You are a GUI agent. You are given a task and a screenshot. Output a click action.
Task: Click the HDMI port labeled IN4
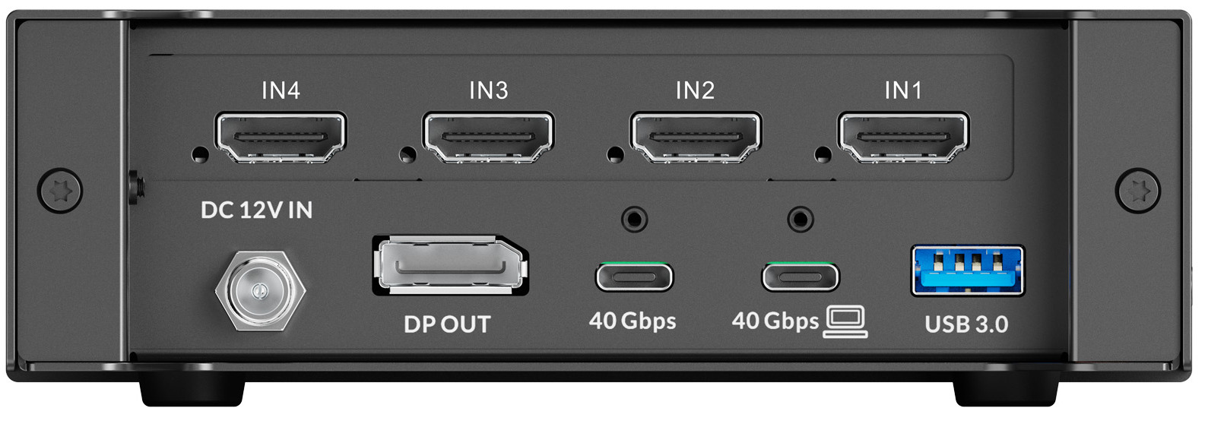point(281,137)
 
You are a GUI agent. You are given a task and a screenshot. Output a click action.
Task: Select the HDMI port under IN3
point(489,137)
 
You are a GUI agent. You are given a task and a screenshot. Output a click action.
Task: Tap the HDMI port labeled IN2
point(696,137)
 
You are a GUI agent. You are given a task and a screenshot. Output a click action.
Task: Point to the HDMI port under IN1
point(903,137)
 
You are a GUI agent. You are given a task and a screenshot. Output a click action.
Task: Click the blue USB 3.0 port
point(968,270)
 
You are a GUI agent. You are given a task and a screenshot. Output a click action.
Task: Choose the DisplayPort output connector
point(450,265)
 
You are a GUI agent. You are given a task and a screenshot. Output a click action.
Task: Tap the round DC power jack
point(261,290)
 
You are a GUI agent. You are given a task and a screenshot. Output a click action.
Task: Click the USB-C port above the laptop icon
point(801,277)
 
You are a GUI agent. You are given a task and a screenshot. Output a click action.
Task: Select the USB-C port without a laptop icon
point(634,277)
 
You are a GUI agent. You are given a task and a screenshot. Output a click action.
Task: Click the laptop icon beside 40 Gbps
point(845,321)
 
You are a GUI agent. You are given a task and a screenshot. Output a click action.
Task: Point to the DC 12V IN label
point(257,210)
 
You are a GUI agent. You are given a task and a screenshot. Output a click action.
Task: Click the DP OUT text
point(447,324)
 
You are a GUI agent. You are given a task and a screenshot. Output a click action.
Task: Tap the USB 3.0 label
point(966,324)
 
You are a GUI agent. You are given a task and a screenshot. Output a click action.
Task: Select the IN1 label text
point(903,90)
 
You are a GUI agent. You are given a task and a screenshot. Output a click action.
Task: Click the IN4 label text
point(281,90)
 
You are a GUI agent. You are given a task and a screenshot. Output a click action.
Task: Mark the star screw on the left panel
point(60,190)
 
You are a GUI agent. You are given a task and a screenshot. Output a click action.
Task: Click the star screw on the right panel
point(1137,190)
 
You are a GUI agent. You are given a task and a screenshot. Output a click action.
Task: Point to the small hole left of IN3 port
point(407,155)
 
